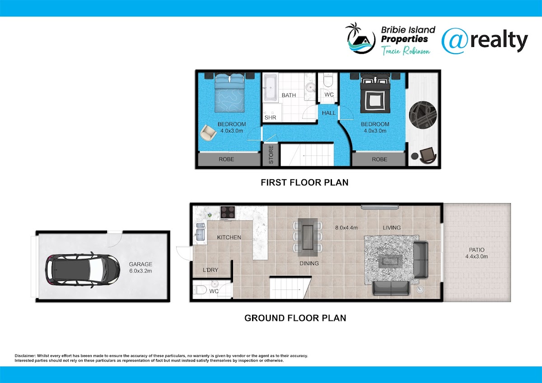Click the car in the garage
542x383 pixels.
[83, 270]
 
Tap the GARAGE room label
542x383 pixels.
[140, 264]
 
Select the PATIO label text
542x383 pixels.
[477, 250]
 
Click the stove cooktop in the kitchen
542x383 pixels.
[228, 213]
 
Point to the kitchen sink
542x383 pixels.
[201, 232]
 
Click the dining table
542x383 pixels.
[308, 237]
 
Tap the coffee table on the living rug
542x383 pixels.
[390, 262]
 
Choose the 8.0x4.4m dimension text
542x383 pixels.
[346, 228]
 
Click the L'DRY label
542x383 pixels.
[210, 270]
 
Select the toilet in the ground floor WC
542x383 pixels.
[199, 290]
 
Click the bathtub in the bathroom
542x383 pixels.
[270, 87]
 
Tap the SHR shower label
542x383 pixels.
[270, 117]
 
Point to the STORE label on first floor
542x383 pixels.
[271, 154]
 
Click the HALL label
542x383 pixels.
[329, 113]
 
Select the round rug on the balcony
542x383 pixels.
[423, 115]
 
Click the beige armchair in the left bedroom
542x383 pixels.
[208, 133]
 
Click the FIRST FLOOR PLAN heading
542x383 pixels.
[304, 182]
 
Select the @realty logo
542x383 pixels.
[485, 41]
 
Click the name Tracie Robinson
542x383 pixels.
[406, 51]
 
